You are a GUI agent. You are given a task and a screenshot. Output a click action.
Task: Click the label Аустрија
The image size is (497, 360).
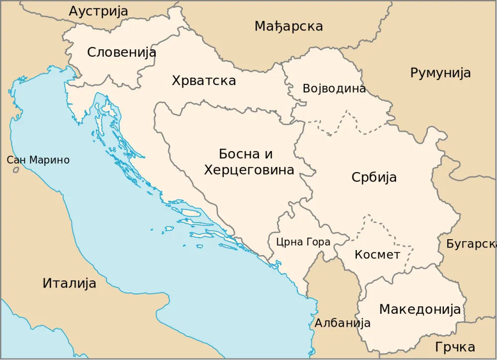pos(98,11)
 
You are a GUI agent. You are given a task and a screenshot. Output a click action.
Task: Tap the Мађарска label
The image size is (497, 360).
pos(289,26)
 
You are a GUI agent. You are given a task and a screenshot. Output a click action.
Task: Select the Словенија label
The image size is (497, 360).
pos(122,52)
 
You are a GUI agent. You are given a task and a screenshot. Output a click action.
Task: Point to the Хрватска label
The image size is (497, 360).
pos(204,81)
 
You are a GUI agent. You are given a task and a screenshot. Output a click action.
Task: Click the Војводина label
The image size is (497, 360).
pos(334,89)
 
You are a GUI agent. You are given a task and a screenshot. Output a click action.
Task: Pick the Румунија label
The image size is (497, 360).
pos(440,73)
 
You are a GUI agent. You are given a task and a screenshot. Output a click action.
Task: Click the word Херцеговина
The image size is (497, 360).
pos(249,170)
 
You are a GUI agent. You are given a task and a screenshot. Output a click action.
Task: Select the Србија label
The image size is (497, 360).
pos(374,177)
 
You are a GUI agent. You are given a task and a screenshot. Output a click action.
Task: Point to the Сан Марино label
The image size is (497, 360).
pos(38,160)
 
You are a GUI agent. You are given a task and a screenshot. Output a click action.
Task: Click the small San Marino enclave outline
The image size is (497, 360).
pos(16,170)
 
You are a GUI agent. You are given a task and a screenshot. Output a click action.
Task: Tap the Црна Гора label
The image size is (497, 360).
pos(303,243)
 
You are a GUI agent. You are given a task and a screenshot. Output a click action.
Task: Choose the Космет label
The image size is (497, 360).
pos(377,255)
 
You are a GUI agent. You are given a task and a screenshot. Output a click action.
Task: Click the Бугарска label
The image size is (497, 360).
pos(471,244)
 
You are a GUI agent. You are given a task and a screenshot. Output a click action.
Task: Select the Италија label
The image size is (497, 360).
pos(69,283)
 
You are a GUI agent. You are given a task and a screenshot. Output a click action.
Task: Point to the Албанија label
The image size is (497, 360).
pos(342,323)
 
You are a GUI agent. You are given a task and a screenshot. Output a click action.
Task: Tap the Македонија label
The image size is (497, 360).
pos(420,309)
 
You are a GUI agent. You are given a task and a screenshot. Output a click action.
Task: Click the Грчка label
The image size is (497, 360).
pos(455,347)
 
